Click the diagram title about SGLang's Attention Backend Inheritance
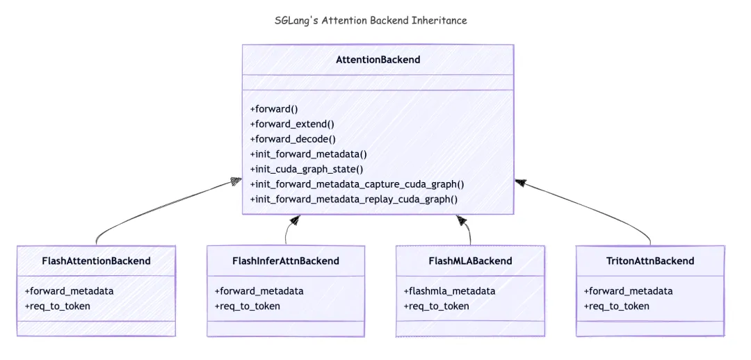coord(371,20)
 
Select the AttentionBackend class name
coord(378,60)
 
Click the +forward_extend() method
coord(292,124)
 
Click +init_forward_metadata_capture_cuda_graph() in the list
coord(357,184)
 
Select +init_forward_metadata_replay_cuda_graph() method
coord(354,199)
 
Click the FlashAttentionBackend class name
coord(96,261)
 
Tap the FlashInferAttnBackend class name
coord(286,261)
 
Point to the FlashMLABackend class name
coord(470,261)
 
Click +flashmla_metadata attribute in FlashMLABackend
coord(449,291)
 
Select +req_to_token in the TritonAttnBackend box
coord(617,306)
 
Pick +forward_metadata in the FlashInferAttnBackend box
coord(259,291)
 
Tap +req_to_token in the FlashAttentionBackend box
coord(58,306)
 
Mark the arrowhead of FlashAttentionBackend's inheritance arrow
coord(236,182)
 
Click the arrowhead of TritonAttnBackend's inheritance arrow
coord(519,182)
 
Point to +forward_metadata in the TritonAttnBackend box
coord(628,291)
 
